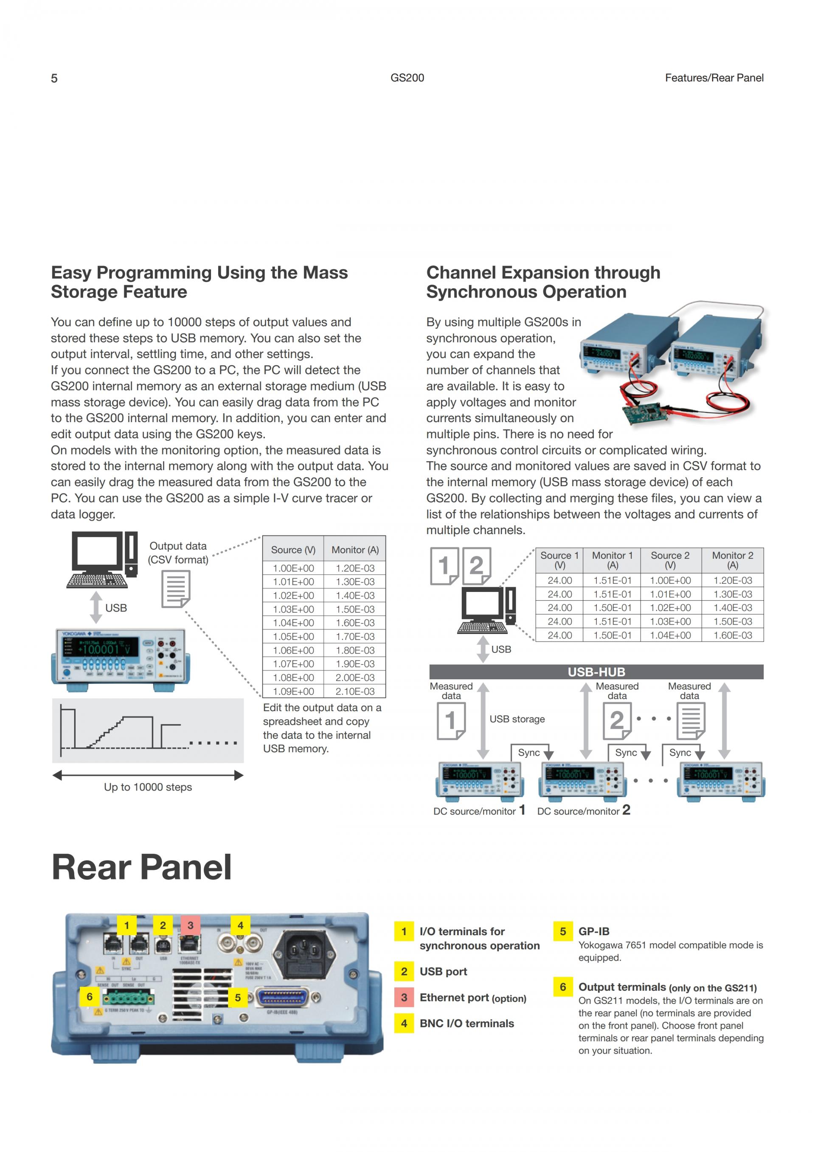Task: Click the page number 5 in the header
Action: [54, 78]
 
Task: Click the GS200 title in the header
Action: [407, 78]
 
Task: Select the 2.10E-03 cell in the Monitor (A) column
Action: [355, 691]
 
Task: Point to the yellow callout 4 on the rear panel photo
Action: [240, 925]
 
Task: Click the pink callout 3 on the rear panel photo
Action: [190, 925]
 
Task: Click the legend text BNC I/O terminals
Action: [467, 1023]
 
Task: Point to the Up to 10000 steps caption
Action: [148, 787]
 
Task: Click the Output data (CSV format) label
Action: [178, 552]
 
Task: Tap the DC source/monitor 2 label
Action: [584, 811]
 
